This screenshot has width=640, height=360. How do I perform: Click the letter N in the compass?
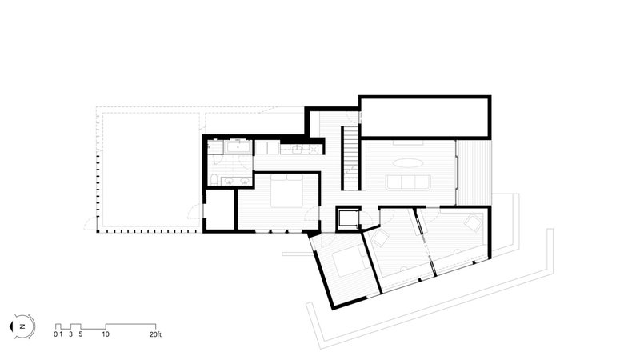click(23, 326)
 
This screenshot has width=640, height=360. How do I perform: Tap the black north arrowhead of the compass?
click(11, 326)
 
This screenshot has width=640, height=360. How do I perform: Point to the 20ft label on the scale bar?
click(155, 334)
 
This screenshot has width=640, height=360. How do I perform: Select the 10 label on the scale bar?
click(106, 334)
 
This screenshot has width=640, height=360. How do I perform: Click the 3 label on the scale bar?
click(70, 334)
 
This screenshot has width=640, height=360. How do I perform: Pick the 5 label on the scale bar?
click(81, 334)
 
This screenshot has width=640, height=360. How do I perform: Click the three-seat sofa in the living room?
click(408, 182)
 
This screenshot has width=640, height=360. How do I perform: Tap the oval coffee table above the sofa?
click(408, 163)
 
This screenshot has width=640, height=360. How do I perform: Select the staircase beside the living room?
click(350, 158)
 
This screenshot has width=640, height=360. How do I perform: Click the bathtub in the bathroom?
click(238, 146)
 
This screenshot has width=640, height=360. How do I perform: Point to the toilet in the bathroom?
click(214, 179)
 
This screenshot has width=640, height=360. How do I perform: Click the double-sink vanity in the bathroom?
click(236, 182)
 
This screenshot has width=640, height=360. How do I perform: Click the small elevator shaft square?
click(348, 218)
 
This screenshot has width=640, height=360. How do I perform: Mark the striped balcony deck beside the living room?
click(474, 173)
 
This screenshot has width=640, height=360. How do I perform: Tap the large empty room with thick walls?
click(425, 117)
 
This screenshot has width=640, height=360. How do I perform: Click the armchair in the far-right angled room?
click(473, 223)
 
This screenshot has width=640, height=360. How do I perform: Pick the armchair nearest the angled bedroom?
click(381, 238)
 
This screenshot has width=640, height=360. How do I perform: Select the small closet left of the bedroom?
click(219, 210)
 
